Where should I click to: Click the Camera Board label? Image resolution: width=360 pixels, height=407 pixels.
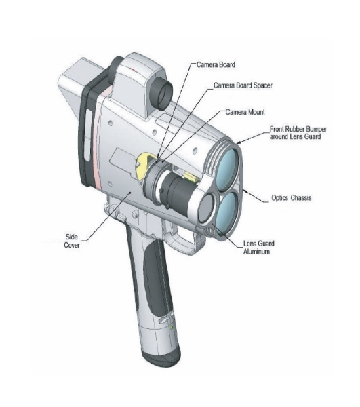(x=216, y=64)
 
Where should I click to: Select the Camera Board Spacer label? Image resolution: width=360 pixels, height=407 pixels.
(x=243, y=85)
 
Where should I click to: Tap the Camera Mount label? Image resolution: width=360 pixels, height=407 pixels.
(x=245, y=112)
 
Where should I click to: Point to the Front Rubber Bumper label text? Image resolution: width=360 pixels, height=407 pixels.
(x=298, y=133)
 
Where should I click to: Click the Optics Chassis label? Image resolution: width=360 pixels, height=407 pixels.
(x=291, y=198)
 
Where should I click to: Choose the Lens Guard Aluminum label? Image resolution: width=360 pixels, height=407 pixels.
(x=258, y=248)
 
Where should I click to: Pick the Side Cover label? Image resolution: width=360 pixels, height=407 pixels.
(x=72, y=241)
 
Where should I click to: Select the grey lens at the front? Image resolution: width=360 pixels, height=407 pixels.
(x=206, y=209)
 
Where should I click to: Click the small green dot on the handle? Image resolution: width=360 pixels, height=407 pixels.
(x=171, y=328)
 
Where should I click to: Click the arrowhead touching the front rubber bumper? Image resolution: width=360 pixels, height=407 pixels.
(x=239, y=142)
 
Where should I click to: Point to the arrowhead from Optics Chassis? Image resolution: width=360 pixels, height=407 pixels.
(x=245, y=191)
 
